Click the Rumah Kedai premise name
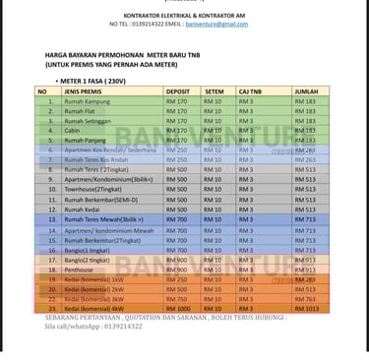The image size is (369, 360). (83, 210)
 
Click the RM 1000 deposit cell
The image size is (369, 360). (179, 309)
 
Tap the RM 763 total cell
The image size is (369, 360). (305, 299)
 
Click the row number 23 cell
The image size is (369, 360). (49, 309)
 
